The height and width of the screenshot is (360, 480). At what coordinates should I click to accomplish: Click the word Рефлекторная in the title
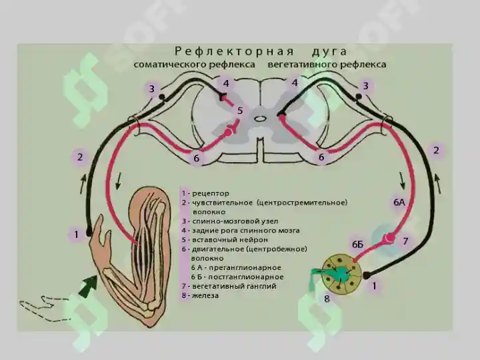point(234,51)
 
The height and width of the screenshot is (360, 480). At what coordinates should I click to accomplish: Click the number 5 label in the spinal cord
point(240,111)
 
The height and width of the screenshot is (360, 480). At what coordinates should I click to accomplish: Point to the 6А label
point(399,202)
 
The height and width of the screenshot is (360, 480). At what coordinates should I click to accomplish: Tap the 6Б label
point(357,244)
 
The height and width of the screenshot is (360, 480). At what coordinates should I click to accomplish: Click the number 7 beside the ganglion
point(405,241)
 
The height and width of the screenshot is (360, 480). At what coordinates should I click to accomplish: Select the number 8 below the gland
point(327,299)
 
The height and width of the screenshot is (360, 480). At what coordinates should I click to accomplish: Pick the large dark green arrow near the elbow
point(89,285)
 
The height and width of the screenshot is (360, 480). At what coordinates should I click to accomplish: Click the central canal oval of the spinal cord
point(259,118)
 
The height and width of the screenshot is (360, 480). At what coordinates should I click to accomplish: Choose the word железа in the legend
point(205,296)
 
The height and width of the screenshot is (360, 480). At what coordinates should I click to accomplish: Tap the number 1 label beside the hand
point(76,235)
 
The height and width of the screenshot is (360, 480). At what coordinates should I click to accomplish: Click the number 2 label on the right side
point(436,150)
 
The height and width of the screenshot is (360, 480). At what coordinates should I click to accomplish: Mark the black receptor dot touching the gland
point(366,275)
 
